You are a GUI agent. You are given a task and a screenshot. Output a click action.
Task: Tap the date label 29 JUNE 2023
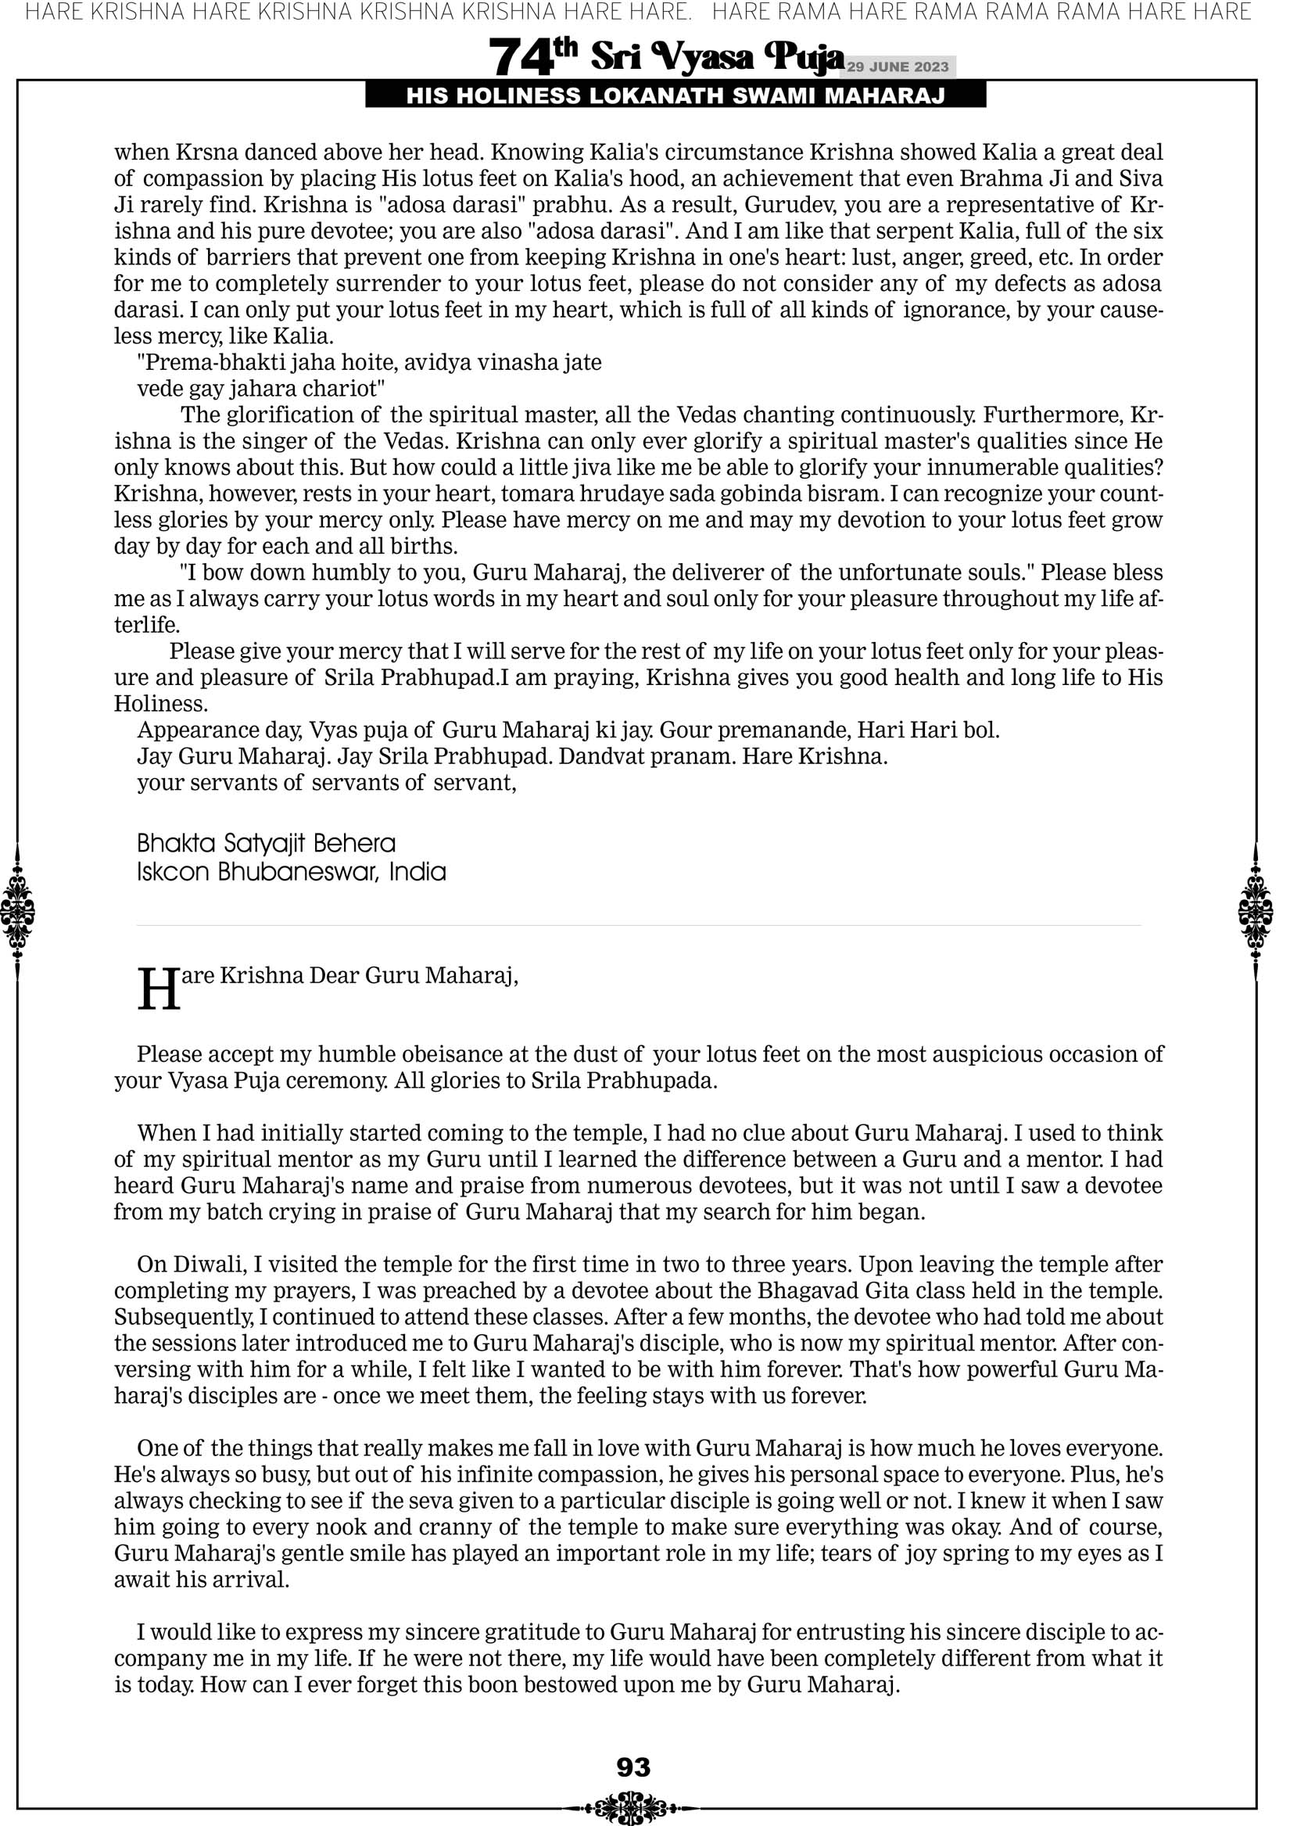(x=897, y=66)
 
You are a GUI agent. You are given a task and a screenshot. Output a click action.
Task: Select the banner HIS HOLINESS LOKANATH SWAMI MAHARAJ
(x=675, y=96)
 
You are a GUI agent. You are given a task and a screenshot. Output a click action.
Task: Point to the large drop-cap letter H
(x=158, y=990)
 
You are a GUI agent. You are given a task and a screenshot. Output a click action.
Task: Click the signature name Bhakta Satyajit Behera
(x=266, y=843)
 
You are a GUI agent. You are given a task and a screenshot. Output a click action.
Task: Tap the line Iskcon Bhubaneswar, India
(x=291, y=873)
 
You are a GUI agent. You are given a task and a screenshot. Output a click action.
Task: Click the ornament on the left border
(x=16, y=911)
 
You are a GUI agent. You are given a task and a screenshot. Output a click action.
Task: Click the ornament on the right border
(x=1256, y=911)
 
